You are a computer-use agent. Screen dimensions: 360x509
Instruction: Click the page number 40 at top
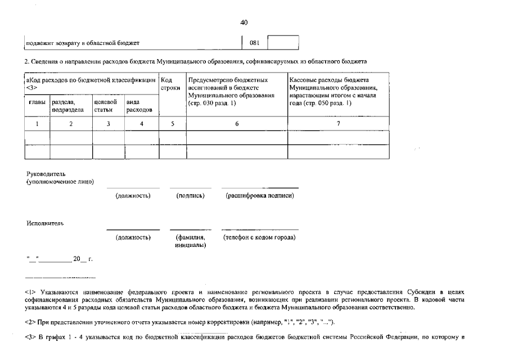[x=244, y=22]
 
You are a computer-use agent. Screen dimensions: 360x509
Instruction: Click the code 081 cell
[x=254, y=43]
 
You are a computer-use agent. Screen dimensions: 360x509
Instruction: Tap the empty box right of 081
[x=283, y=43]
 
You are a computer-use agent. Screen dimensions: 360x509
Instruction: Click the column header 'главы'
[x=37, y=102]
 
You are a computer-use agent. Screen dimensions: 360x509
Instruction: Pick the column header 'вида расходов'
[x=139, y=106]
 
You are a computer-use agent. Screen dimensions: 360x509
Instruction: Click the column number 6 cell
[x=237, y=124]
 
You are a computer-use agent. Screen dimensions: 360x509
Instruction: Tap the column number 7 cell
[x=338, y=124]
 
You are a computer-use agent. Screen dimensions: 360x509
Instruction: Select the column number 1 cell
[x=37, y=124]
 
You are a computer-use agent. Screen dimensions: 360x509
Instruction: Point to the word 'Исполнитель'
[x=45, y=223]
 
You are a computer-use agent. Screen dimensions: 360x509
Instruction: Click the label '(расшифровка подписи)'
[x=259, y=196]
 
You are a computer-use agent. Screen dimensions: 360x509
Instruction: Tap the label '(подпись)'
[x=190, y=196]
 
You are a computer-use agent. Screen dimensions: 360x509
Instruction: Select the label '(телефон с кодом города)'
[x=259, y=237]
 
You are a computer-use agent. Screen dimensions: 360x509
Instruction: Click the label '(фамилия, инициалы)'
[x=190, y=241]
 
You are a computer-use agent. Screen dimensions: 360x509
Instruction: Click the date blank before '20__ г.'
[x=55, y=259]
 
